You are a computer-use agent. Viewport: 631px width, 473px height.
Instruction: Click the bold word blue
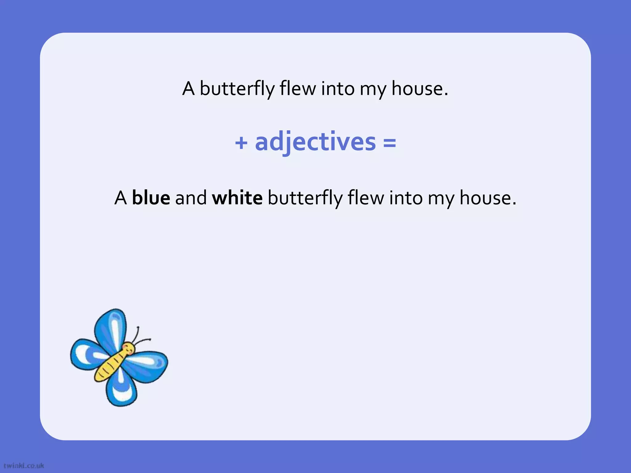pos(151,198)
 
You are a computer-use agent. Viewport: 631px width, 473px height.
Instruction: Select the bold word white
pos(237,198)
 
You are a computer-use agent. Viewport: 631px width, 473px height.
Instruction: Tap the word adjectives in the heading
pos(315,142)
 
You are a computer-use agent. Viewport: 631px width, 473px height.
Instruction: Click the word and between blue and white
pos(191,198)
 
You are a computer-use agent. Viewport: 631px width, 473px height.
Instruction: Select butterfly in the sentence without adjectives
pos(237,89)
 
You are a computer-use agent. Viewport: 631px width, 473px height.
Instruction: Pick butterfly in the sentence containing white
pos(305,198)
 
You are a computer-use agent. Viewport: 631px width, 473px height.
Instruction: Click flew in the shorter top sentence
pos(298,89)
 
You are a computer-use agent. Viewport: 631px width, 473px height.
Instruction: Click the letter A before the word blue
pos(120,198)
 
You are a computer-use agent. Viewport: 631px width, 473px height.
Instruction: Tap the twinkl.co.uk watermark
pos(24,466)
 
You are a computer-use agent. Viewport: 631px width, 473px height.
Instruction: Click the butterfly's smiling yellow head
pos(128,349)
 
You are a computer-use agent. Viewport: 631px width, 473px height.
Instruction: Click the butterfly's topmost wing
pos(111,328)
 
